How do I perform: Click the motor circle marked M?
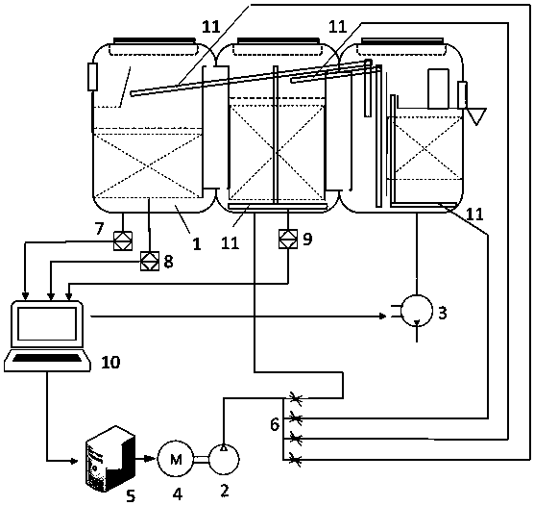pos(176,459)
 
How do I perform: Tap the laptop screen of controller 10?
pos(47,324)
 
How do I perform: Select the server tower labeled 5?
pos(109,459)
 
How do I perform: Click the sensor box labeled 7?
pos(123,240)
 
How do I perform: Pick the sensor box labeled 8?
pos(150,262)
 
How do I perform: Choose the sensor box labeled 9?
pos(288,239)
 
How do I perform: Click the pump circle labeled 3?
pos(417,311)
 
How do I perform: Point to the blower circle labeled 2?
pos(224,459)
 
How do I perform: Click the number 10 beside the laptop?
pos(110,363)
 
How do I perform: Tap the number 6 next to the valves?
pos(275,425)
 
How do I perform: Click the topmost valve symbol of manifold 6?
pos(295,398)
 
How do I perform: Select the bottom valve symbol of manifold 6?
pos(295,460)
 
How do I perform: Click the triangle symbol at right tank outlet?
pos(476,116)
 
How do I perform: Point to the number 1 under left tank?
pos(197,244)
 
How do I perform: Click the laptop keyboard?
pos(48,358)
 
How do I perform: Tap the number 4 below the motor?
pos(178,494)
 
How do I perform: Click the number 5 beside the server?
pos(131,495)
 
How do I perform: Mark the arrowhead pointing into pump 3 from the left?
pos(383,316)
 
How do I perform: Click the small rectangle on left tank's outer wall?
pos(92,77)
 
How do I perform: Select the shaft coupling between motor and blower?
pos(201,460)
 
